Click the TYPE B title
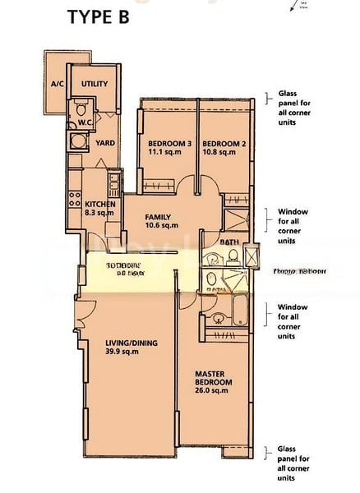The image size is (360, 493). click(100, 17)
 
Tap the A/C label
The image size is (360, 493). click(58, 84)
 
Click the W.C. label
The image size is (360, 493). click(85, 123)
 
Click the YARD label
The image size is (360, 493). click(105, 143)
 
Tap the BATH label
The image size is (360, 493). click(231, 243)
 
